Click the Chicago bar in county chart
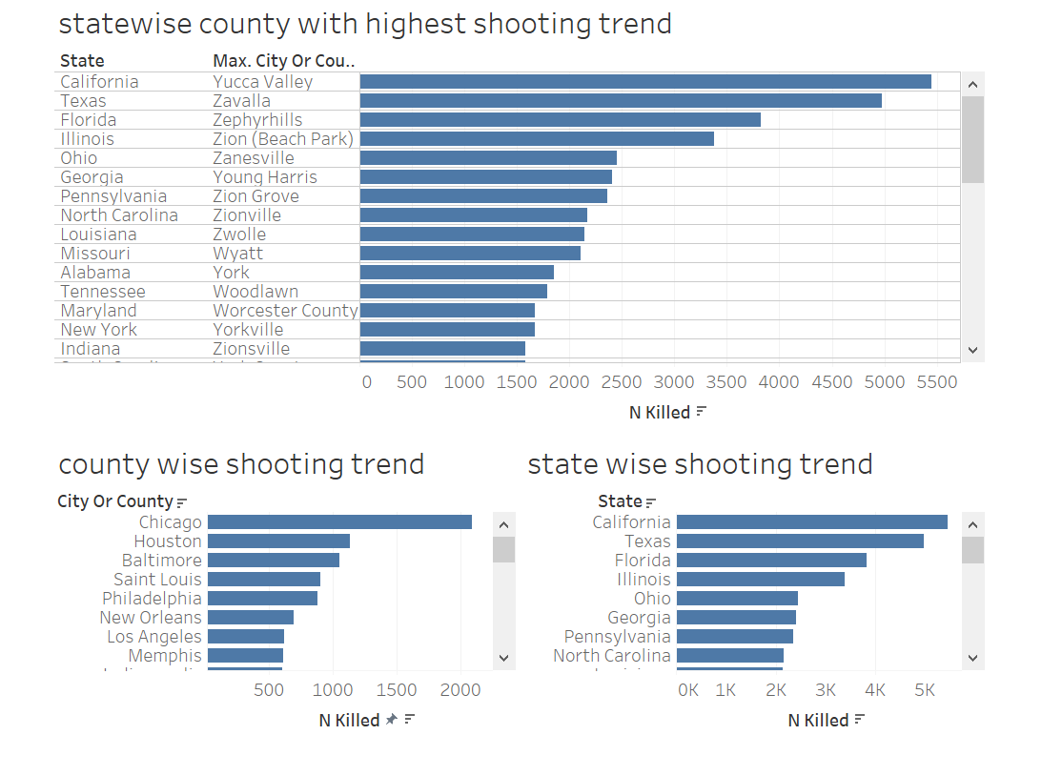339,522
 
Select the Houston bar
278,541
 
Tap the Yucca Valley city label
263,82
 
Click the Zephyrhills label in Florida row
257,120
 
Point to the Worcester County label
285,311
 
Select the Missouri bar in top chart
470,254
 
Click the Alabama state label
95,273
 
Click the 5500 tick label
936,382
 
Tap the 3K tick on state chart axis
826,689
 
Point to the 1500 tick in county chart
397,689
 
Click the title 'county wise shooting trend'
241,464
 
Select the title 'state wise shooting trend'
700,464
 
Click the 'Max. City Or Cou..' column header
284,61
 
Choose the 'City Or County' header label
115,501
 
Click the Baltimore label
162,561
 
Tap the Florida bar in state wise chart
771,561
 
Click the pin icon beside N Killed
391,721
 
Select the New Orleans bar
251,618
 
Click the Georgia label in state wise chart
639,618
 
